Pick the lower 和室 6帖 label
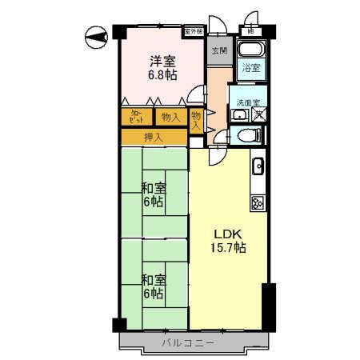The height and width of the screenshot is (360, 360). [154, 286]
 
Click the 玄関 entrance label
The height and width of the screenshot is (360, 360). [218, 50]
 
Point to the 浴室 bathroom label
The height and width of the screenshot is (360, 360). [251, 68]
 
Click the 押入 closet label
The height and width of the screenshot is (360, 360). [152, 138]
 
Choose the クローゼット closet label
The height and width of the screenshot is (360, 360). [136, 117]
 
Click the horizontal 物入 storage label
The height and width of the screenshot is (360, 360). [170, 117]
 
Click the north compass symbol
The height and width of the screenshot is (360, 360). [97, 35]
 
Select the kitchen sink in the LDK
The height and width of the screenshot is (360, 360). [259, 167]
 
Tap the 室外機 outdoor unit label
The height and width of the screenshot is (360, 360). [193, 30]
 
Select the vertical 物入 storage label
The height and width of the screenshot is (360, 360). [197, 121]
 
